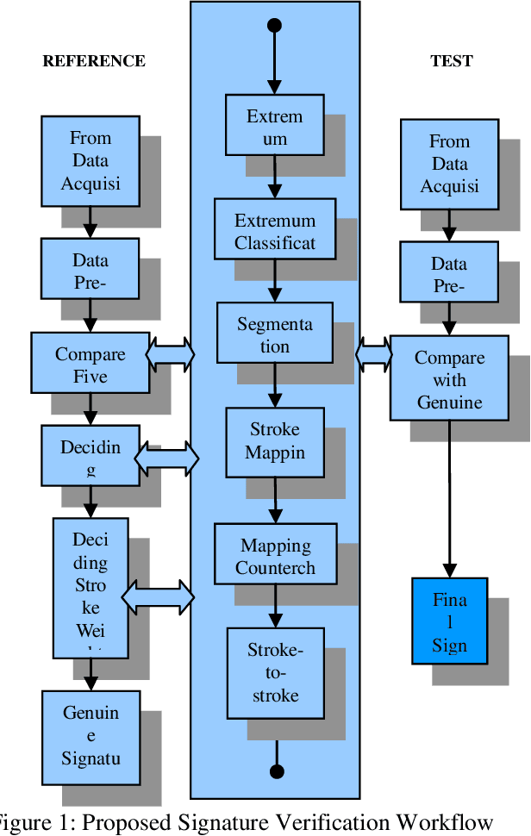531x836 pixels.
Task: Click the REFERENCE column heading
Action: pos(94,61)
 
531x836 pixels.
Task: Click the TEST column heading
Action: pos(452,61)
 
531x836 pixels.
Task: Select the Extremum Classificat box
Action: pos(275,231)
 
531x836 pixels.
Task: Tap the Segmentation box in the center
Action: pos(275,334)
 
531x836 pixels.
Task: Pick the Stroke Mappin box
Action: pos(275,442)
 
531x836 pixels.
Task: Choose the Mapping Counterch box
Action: pos(275,556)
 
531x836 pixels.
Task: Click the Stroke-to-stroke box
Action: pos(275,673)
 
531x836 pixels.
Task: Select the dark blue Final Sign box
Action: pos(450,621)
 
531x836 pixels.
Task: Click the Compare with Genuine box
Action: pos(449,379)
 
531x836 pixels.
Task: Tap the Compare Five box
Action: pos(91,365)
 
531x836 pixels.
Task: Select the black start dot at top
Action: pos(275,25)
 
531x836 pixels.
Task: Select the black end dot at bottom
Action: pos(276,771)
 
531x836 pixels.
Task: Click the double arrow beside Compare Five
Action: pos(171,353)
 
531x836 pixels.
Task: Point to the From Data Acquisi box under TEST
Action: pos(449,164)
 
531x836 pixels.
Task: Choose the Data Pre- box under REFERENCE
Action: pos(91,271)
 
